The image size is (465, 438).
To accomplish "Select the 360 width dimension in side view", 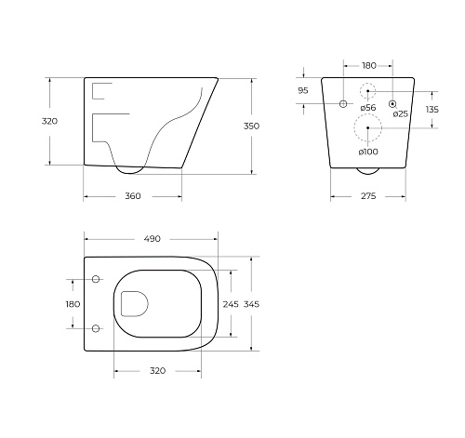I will [x=132, y=196].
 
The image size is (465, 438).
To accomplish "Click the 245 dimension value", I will [x=231, y=303].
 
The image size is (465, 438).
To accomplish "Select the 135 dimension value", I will [x=432, y=109].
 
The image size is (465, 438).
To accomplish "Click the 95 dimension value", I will [x=302, y=90].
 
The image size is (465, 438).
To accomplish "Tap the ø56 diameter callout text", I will [x=368, y=109].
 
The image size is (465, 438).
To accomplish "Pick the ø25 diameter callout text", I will [x=400, y=113].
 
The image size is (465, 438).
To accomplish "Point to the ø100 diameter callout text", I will [x=368, y=151].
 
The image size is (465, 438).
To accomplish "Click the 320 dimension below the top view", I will [x=157, y=370].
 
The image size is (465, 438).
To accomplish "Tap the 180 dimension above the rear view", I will [x=368, y=66].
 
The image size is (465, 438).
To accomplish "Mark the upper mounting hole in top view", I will [x=96, y=279].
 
